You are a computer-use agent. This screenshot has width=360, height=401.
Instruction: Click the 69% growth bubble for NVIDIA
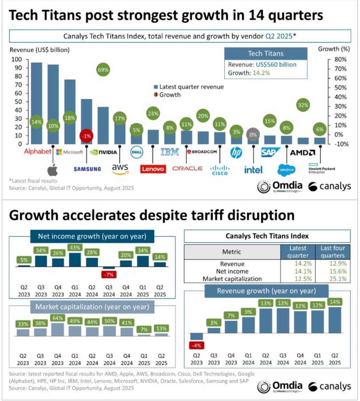(x=103, y=70)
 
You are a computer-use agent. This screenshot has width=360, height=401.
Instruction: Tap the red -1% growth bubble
(x=86, y=136)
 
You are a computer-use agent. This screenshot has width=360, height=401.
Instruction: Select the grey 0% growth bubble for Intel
(x=253, y=135)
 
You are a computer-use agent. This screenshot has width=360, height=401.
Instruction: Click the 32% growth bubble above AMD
(x=303, y=105)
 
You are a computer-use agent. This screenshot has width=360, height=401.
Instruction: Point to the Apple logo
(x=52, y=170)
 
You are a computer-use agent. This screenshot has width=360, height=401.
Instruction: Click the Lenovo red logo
(x=153, y=169)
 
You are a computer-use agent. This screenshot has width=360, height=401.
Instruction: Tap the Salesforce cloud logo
(x=286, y=170)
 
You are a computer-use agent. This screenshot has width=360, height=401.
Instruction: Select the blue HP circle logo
(x=236, y=153)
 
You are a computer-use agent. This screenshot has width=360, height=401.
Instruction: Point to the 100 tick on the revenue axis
(x=17, y=59)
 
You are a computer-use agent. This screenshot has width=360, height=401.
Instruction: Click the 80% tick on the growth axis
(x=340, y=59)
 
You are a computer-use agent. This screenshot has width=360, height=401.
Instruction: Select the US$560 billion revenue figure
(x=276, y=64)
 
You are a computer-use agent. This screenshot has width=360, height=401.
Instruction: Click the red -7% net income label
(x=109, y=275)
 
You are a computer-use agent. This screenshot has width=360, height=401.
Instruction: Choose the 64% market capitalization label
(x=57, y=318)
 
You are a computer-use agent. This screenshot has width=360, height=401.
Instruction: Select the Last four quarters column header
(x=333, y=252)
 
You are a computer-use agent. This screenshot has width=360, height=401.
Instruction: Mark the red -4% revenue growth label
(x=196, y=346)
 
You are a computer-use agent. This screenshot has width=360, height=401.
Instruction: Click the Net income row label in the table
(x=232, y=271)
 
